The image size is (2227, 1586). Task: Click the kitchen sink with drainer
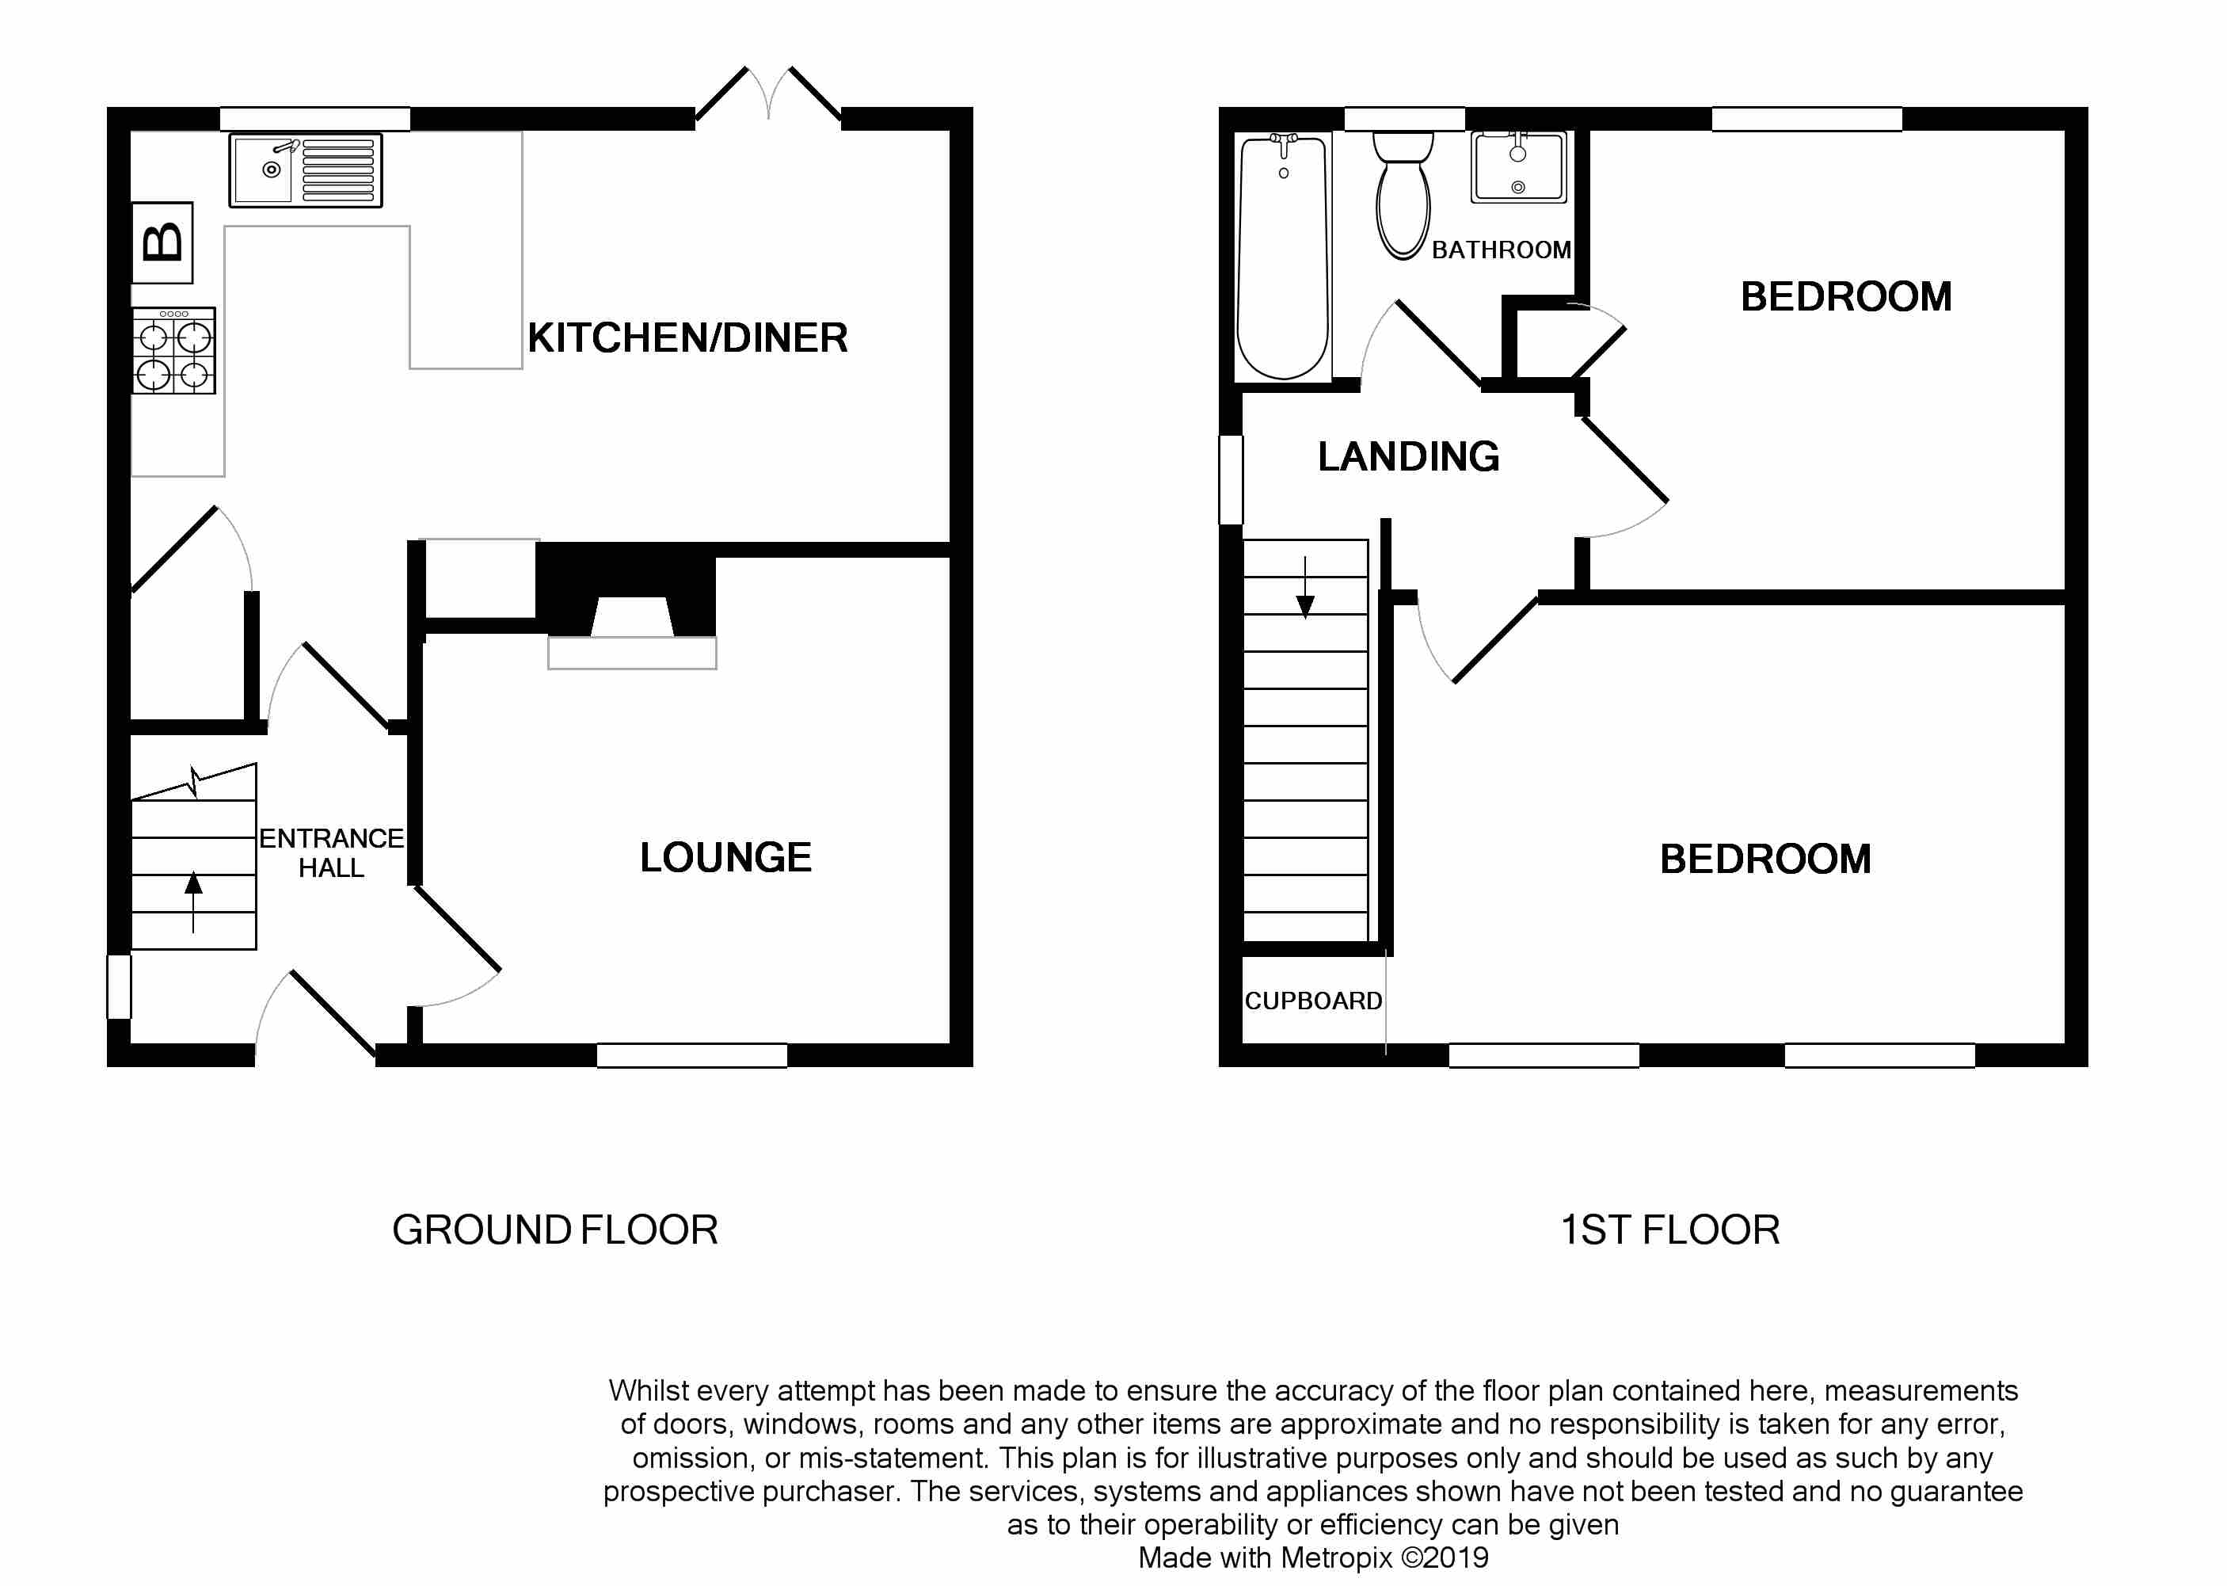click(306, 170)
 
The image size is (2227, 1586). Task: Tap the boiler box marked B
click(162, 242)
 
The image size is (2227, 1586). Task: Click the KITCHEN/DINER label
click(687, 338)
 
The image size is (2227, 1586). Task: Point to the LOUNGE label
click(725, 857)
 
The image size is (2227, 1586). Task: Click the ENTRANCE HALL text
click(331, 852)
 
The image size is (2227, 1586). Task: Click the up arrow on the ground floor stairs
click(193, 902)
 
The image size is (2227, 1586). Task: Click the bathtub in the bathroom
click(1283, 257)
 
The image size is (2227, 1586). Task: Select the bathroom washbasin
click(1518, 167)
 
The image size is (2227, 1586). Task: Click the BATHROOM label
click(1502, 250)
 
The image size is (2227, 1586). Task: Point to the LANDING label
click(1408, 457)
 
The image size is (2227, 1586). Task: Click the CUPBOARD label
click(1313, 1001)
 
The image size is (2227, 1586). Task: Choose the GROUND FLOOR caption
click(554, 1230)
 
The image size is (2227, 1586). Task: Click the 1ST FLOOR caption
click(1669, 1230)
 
